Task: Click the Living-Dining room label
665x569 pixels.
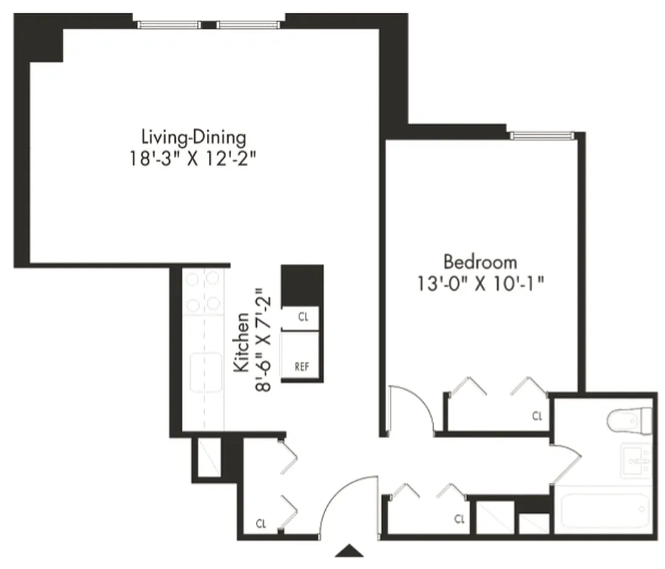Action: tap(193, 136)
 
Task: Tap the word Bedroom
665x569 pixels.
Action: tap(480, 261)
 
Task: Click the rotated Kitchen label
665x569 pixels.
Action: tap(242, 342)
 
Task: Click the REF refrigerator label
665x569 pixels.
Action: tap(302, 367)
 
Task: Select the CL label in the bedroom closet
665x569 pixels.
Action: tap(538, 416)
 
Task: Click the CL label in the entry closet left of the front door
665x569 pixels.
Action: tap(262, 524)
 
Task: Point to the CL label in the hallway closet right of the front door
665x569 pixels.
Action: tap(460, 519)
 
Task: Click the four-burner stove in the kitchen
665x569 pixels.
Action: tap(203, 292)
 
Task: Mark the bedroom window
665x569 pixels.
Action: tap(542, 135)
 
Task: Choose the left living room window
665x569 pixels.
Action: tap(169, 25)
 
